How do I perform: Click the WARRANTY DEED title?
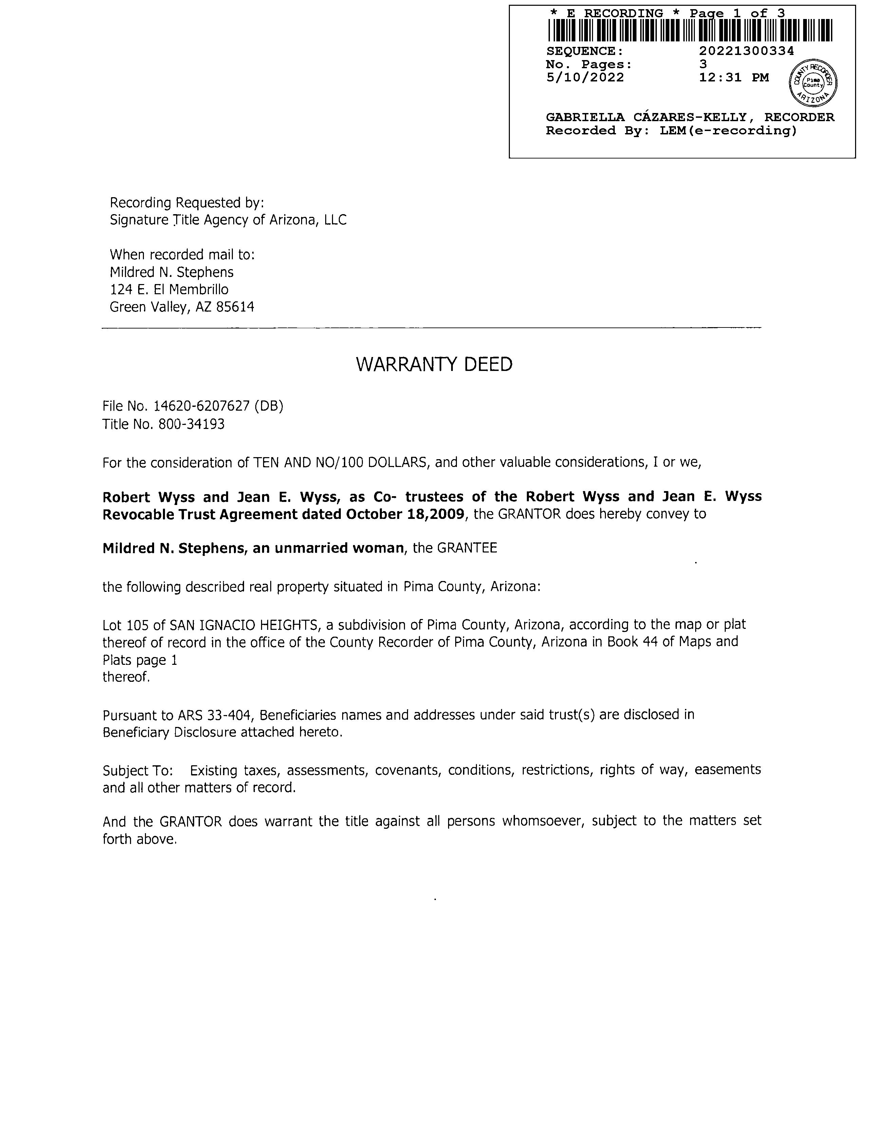click(434, 364)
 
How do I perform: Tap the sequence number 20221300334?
click(746, 51)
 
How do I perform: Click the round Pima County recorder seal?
click(813, 82)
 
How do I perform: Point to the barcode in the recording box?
click(689, 30)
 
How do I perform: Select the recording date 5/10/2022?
click(585, 78)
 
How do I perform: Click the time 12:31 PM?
click(734, 78)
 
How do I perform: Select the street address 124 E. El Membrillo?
click(169, 290)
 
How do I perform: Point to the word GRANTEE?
click(467, 548)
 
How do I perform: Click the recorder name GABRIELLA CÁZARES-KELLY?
click(646, 117)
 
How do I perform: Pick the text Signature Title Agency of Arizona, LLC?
click(228, 220)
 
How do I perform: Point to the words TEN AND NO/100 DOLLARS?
click(340, 463)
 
